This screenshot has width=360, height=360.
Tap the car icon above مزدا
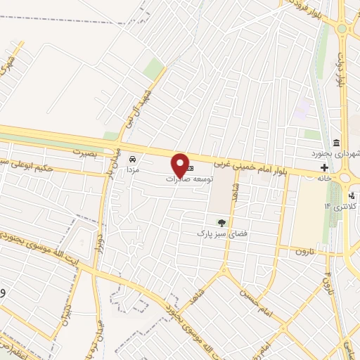point(132,159)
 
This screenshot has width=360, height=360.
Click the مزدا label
point(133,170)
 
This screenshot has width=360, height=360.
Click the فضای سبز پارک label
point(218,233)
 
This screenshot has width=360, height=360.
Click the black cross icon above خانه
point(324,167)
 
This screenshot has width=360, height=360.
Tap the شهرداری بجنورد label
point(338,153)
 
